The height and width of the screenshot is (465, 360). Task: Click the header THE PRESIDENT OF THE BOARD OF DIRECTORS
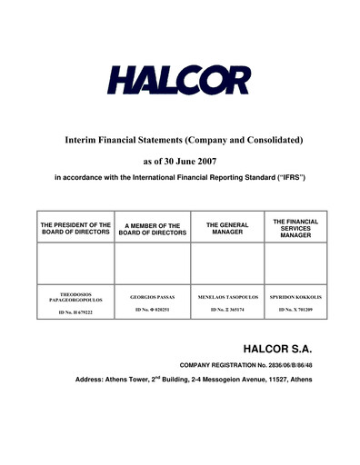coord(75,228)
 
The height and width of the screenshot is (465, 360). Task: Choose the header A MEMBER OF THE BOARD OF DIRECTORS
coord(152,228)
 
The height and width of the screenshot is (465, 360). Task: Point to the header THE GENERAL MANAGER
coord(226,228)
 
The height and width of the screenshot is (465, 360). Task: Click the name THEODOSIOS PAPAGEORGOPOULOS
coord(75,297)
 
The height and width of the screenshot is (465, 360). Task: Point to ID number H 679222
coord(75,312)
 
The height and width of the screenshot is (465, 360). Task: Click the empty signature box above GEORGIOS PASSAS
coord(152,263)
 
